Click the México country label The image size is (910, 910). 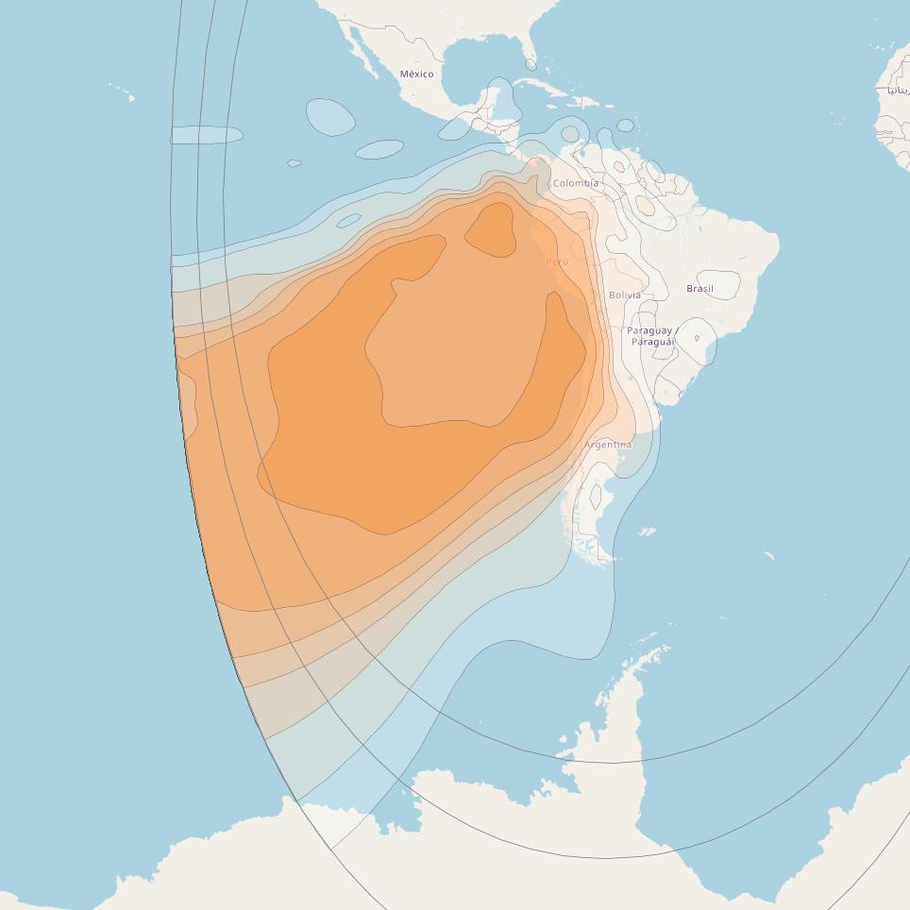tap(416, 74)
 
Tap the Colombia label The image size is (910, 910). tap(575, 183)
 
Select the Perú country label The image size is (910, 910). tap(557, 261)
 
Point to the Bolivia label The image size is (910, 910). tap(624, 295)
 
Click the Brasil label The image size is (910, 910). tap(699, 288)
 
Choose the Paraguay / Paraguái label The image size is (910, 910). tap(652, 336)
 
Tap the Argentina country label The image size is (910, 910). tap(608, 444)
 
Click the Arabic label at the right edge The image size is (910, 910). tap(897, 90)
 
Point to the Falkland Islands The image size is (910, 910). tap(647, 532)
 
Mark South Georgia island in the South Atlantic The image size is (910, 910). tap(768, 555)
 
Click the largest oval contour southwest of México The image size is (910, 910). tap(330, 117)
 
